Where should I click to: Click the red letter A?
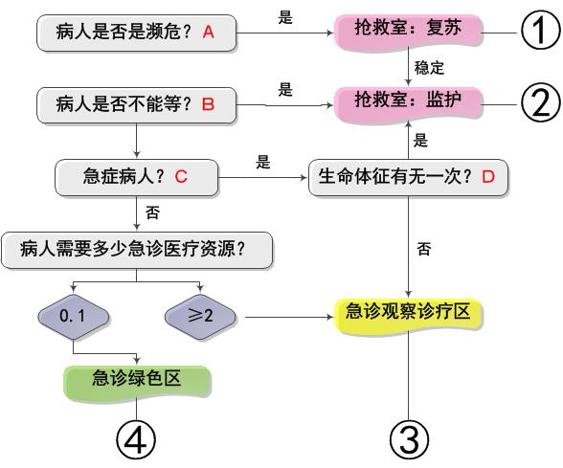pyautogui.click(x=209, y=33)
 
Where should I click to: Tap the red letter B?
pyautogui.click(x=209, y=104)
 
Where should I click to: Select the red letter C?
pyautogui.click(x=181, y=176)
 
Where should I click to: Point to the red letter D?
pyautogui.click(x=488, y=176)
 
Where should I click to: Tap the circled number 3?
pyautogui.click(x=410, y=439)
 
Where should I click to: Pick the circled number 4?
pyautogui.click(x=136, y=439)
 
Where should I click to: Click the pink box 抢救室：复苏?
pyautogui.click(x=408, y=32)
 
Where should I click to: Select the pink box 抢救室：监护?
pyautogui.click(x=408, y=104)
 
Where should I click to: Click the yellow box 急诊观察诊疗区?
pyautogui.click(x=408, y=316)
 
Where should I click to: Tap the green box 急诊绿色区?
pyautogui.click(x=136, y=382)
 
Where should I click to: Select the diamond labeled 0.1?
pyautogui.click(x=73, y=317)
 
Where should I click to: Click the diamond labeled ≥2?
pyautogui.click(x=200, y=317)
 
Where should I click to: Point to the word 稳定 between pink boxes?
pyautogui.click(x=429, y=68)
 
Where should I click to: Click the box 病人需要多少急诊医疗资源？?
pyautogui.click(x=136, y=250)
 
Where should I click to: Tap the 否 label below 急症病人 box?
pyautogui.click(x=152, y=212)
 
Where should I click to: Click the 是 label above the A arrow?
pyautogui.click(x=285, y=17)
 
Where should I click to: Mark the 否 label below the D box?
pyautogui.click(x=423, y=249)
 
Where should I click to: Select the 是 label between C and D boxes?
pyautogui.click(x=262, y=162)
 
